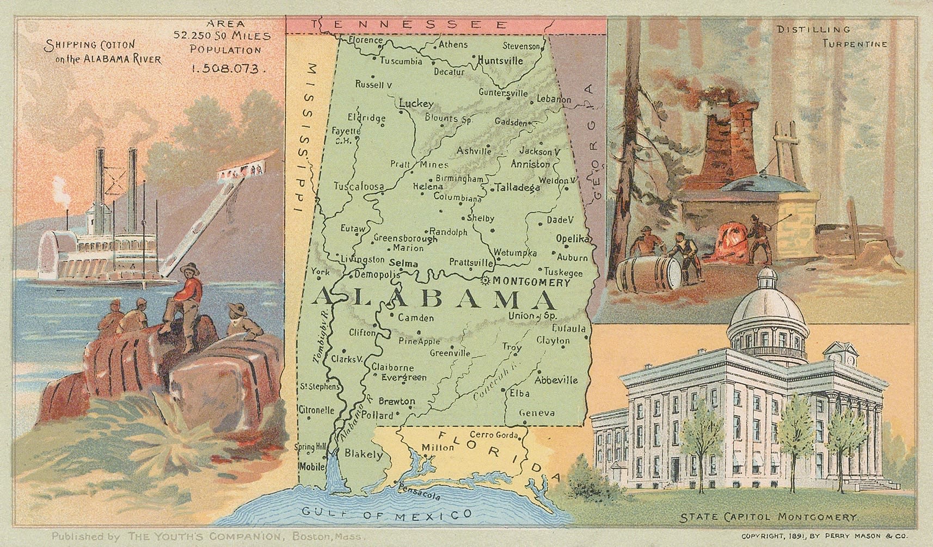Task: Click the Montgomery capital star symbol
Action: [x=486, y=281]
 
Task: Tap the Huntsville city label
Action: [x=500, y=60]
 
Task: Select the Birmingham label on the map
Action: [x=459, y=179]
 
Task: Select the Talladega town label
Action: [x=518, y=188]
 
